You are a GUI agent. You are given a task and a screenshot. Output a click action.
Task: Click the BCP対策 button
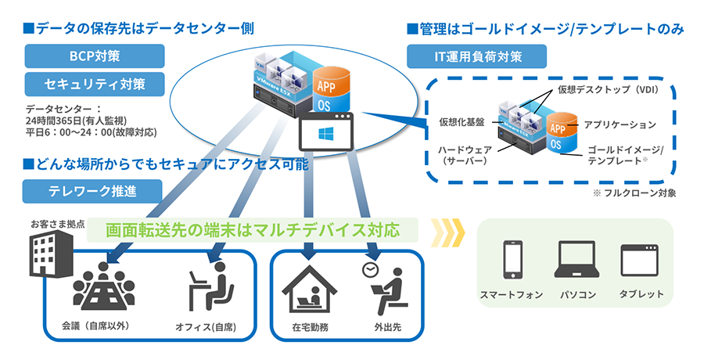click(x=95, y=55)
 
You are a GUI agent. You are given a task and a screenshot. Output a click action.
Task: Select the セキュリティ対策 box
click(x=95, y=83)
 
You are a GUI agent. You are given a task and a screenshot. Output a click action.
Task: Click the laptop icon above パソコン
click(x=578, y=260)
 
